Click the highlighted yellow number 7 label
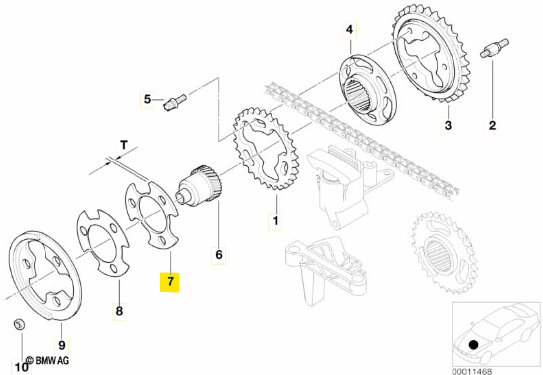170,281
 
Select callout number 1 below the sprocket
275,219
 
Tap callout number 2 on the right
448,125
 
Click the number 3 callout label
349,30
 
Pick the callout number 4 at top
147,99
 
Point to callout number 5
218,255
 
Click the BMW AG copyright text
47,360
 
